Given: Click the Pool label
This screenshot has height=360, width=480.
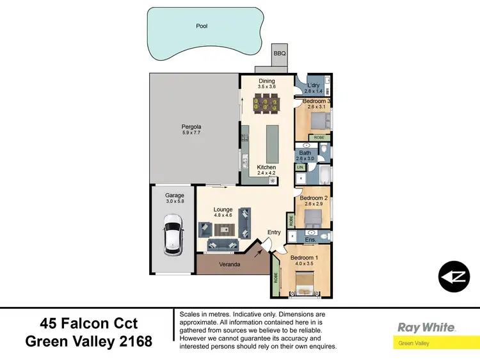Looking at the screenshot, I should click(x=202, y=27).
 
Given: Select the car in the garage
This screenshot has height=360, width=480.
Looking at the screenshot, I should click(x=173, y=235).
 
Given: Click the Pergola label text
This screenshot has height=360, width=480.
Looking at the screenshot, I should click(x=191, y=127).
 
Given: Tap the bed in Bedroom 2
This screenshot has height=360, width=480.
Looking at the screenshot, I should click(x=313, y=217).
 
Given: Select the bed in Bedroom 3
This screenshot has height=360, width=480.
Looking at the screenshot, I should click(x=319, y=120).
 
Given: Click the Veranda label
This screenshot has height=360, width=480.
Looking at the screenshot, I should click(x=228, y=264).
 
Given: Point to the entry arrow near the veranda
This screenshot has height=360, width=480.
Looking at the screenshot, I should click(x=258, y=253).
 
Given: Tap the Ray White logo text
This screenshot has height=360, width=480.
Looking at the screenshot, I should click(x=426, y=327).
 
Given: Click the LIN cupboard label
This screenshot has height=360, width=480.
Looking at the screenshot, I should click(x=300, y=167).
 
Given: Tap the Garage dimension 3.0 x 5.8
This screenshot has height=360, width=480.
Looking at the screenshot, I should click(x=174, y=201).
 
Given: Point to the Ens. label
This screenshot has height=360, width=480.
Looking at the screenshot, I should click(x=311, y=240).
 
